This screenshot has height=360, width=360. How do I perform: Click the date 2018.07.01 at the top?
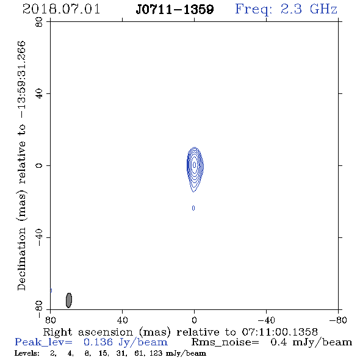click(61, 9)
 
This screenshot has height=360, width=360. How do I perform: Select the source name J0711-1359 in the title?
click(175, 10)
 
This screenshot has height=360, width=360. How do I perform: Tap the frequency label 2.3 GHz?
click(309, 9)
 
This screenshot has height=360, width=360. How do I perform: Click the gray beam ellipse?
click(69, 300)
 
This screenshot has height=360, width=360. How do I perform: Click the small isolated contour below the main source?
click(193, 208)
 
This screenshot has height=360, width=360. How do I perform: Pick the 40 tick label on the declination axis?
click(39, 94)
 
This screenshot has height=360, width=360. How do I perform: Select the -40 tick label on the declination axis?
click(39, 237)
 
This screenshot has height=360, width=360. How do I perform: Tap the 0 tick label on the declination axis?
click(39, 165)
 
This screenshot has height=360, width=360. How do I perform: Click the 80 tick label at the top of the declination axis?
click(39, 22)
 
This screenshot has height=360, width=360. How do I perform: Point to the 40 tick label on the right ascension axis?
click(122, 320)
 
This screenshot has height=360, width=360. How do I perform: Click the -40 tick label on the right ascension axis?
click(266, 320)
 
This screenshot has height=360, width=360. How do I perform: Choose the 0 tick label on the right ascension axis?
click(194, 320)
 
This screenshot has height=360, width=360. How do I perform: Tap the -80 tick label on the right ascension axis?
click(338, 320)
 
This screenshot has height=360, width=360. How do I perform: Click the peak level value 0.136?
click(98, 342)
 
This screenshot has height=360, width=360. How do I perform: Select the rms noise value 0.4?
click(279, 342)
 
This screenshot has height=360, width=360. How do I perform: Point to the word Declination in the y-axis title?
click(21, 259)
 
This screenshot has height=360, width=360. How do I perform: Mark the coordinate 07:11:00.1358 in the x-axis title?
click(279, 332)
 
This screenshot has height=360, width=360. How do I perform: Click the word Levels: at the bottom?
click(27, 353)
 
